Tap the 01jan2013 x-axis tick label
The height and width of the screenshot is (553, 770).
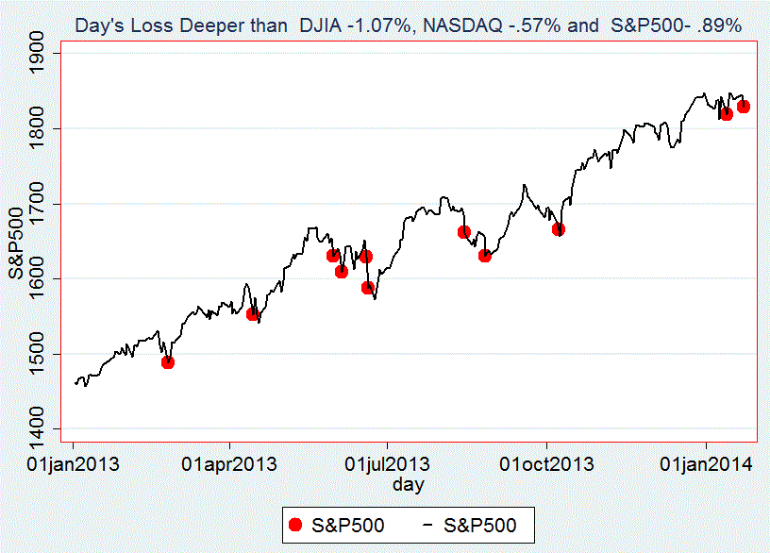[74, 463]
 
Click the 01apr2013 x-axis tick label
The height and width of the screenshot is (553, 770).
[230, 463]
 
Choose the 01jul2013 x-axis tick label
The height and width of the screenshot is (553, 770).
[388, 463]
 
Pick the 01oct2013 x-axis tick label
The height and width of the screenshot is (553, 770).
[547, 463]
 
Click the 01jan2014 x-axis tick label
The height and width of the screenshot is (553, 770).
[706, 463]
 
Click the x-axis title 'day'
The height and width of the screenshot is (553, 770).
[409, 484]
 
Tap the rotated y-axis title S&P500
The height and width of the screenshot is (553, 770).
[17, 242]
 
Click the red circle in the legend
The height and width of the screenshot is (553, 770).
[296, 526]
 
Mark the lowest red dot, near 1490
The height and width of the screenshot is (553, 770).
[167, 361]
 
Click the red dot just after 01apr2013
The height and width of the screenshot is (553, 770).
[253, 313]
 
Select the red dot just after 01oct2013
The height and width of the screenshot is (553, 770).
[559, 229]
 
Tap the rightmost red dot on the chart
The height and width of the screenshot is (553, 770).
[744, 107]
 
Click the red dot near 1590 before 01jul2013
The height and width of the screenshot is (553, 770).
[368, 288]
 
